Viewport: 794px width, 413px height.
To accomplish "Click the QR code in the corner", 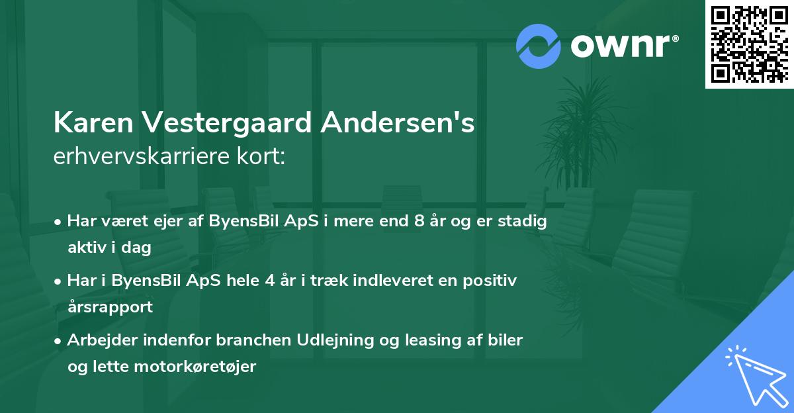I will [749, 44].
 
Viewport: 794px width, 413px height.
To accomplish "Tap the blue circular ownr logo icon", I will [538, 46].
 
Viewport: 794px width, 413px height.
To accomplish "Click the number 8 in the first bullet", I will [419, 221].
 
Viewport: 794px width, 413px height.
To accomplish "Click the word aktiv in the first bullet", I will [87, 248].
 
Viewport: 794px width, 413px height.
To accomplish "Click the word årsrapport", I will [110, 307].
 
